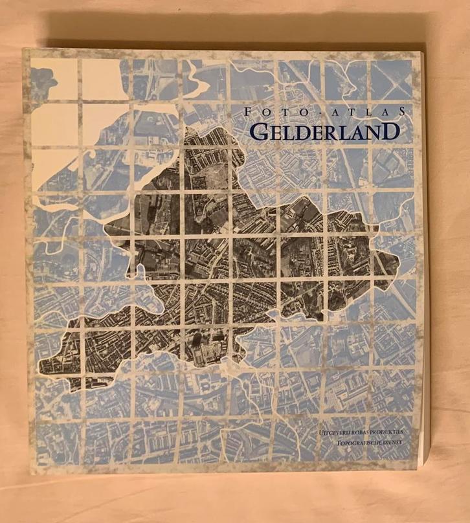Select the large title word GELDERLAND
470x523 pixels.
pyautogui.click(x=323, y=131)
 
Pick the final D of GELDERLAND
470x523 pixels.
pyautogui.click(x=390, y=131)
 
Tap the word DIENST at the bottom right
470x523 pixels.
pyautogui.click(x=399, y=443)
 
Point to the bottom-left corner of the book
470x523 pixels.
pyautogui.click(x=30, y=474)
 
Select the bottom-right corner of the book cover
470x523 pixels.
pyautogui.click(x=421, y=470)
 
